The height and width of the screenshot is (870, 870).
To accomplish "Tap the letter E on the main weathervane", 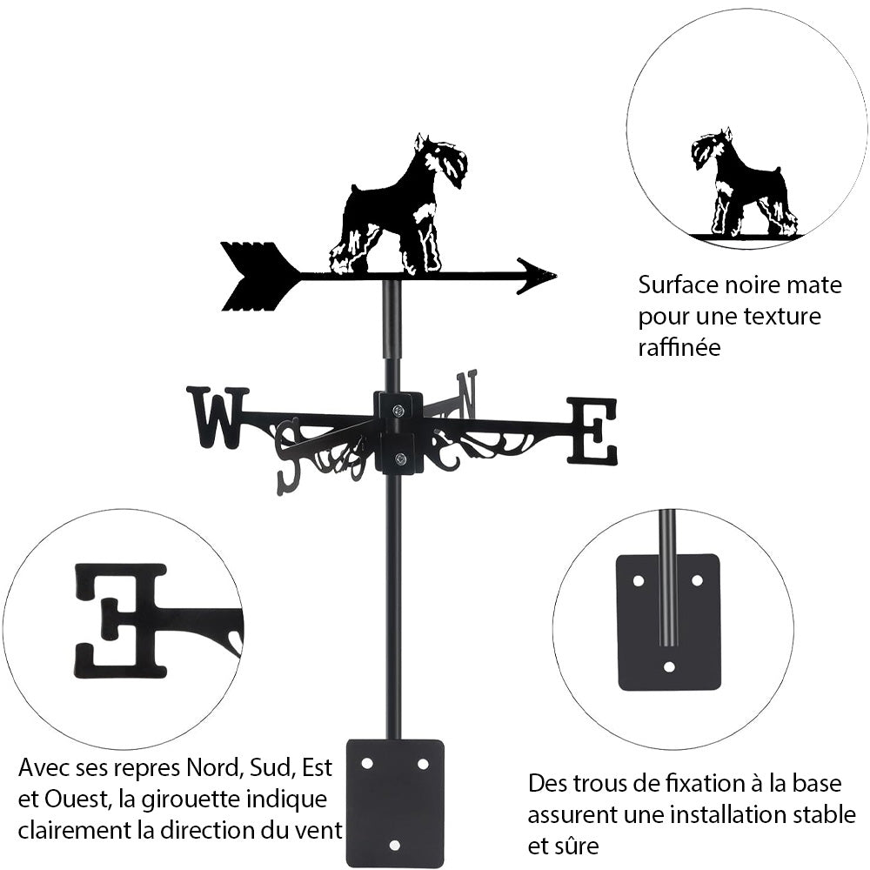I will [592, 430].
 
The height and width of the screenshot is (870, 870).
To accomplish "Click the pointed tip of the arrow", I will [548, 276].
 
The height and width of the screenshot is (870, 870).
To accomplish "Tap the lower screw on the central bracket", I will [399, 459].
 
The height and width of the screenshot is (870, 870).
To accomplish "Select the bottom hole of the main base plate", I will [395, 846].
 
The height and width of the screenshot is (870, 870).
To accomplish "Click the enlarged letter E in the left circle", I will [122, 619].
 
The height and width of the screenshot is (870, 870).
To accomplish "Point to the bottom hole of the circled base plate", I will [668, 667].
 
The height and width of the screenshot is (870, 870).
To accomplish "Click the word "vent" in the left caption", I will [318, 829].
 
